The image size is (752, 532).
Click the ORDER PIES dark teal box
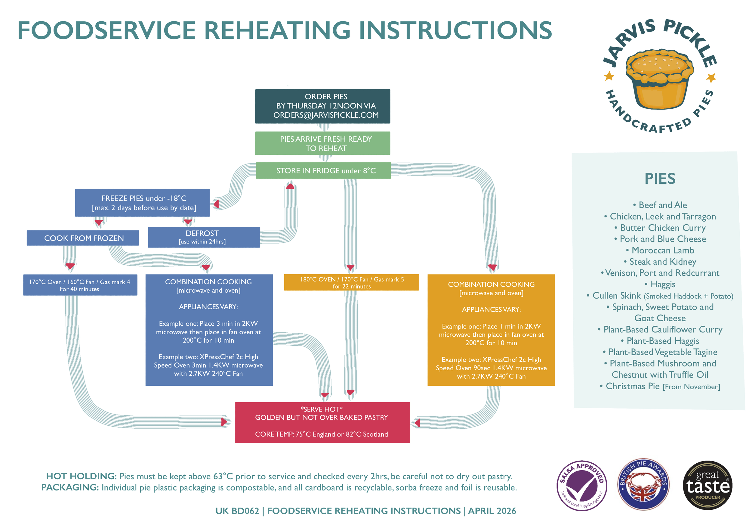click(x=323, y=106)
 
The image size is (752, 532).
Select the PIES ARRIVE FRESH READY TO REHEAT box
click(x=323, y=143)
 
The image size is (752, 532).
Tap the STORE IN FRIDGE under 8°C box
click(x=323, y=170)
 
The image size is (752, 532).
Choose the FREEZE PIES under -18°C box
click(x=143, y=203)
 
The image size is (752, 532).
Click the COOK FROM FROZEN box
click(x=83, y=238)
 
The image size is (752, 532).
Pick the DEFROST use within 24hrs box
click(x=204, y=237)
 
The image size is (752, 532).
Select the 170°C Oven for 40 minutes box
click(x=80, y=285)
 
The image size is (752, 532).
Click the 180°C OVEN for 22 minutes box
click(x=351, y=282)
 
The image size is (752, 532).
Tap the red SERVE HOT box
click(x=323, y=422)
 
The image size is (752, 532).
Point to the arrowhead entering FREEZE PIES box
click(x=216, y=204)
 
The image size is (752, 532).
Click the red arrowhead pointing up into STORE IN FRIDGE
click(x=290, y=186)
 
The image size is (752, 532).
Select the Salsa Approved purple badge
click(x=582, y=485)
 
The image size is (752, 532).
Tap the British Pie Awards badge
click(x=643, y=484)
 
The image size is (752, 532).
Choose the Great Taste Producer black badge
click(x=708, y=485)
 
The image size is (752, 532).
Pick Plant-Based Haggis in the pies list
click(x=660, y=341)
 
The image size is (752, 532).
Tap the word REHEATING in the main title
click(x=278, y=30)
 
